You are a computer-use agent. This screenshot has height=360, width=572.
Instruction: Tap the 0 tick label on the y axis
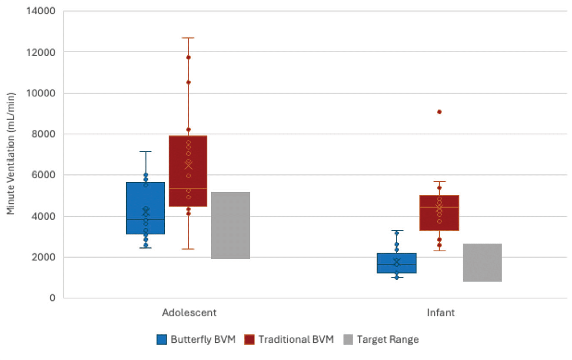point(52,298)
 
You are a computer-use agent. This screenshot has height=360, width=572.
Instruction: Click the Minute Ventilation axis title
point(11,153)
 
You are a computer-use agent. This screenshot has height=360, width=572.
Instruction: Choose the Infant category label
point(441,313)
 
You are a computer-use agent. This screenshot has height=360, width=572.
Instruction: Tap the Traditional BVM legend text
point(296,340)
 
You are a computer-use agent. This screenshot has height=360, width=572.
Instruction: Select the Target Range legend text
point(388,340)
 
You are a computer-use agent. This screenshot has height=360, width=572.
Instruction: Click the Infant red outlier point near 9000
point(439,112)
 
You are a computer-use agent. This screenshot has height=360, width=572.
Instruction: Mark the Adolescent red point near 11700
point(188,57)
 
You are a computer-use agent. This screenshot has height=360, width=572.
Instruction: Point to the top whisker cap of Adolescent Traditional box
point(188,38)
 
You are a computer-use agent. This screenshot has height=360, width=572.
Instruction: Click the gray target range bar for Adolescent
point(230,225)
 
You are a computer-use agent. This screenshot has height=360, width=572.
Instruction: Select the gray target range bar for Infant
point(482,263)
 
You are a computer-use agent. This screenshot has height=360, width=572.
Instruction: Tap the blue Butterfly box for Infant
point(396,263)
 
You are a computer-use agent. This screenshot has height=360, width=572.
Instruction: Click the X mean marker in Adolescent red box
point(188,165)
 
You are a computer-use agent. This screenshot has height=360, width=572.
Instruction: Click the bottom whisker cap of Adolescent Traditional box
point(188,249)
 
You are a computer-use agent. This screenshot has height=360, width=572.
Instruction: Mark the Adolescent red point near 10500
point(188,82)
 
